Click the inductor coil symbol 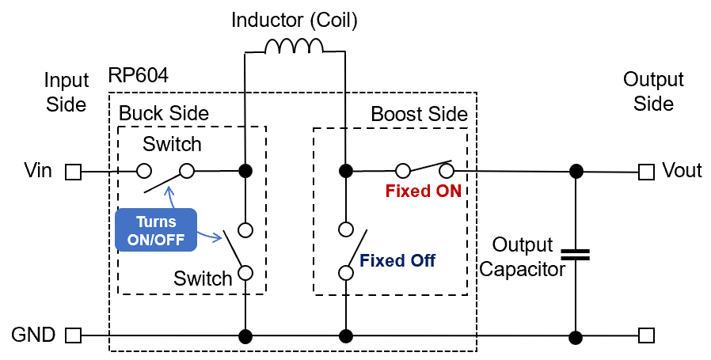[294, 47]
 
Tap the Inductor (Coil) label [295, 20]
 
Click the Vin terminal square [73, 171]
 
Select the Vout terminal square [646, 171]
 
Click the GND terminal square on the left [73, 335]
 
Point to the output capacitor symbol [576, 255]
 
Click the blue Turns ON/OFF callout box [155, 229]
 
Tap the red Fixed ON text [422, 191]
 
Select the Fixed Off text [397, 260]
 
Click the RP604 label [139, 77]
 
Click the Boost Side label [419, 114]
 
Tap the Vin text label [39, 171]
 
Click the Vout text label [682, 171]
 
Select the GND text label [33, 335]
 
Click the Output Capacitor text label [523, 256]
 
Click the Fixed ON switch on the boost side [424, 168]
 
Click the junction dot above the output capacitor [576, 171]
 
